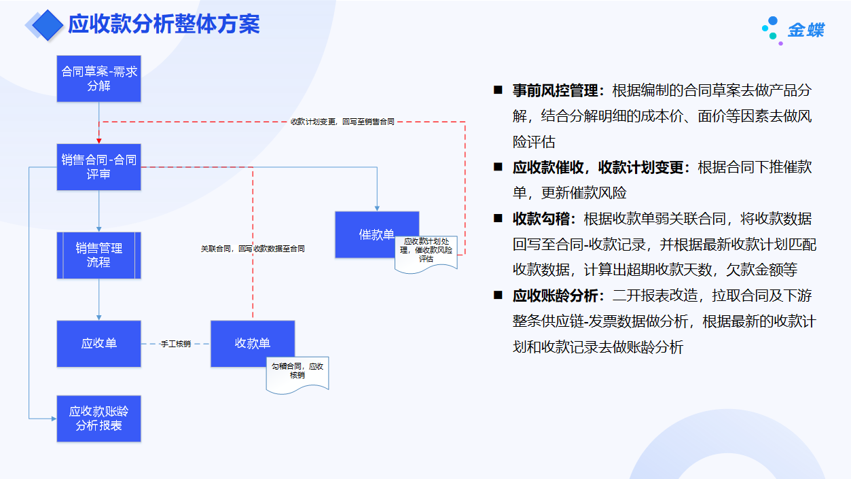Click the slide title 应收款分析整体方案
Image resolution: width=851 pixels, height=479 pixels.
point(164,24)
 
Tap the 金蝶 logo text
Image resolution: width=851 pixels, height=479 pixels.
point(806,31)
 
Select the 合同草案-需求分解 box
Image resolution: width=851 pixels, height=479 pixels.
point(99,79)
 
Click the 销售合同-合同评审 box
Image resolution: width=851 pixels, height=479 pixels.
point(99,167)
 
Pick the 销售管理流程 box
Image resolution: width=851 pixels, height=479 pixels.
point(99,255)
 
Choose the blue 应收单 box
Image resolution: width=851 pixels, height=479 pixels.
point(99,344)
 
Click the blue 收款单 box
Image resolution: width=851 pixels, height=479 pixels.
point(253,344)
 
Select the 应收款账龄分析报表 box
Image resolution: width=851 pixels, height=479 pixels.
point(99,419)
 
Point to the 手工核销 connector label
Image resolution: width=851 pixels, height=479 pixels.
point(176,344)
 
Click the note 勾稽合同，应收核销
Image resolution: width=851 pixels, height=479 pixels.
point(297,371)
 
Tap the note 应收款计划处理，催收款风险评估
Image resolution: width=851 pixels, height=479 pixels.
point(427,250)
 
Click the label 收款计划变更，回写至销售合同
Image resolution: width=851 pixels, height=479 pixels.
point(342,122)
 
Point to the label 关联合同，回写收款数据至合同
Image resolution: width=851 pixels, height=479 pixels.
point(253,249)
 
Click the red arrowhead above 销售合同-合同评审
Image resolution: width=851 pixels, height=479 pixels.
point(99,141)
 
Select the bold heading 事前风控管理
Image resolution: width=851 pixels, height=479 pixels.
point(555,90)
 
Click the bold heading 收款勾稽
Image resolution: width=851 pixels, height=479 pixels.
point(544,219)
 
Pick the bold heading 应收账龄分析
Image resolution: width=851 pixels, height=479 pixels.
point(555,296)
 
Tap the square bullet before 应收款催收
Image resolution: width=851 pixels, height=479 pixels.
point(498,166)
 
